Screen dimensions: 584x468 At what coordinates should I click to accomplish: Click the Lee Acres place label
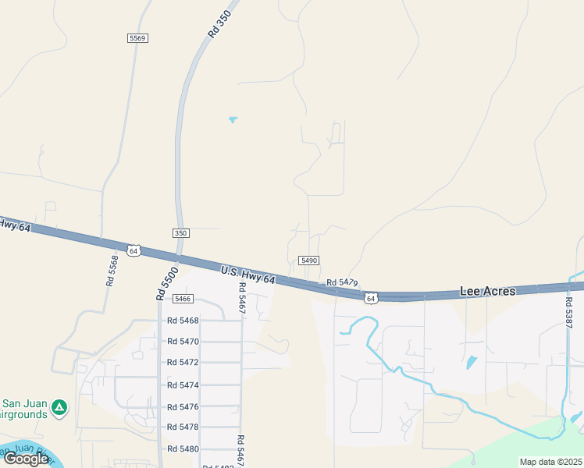click(x=487, y=291)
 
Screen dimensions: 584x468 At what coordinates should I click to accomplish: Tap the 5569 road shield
click(x=137, y=37)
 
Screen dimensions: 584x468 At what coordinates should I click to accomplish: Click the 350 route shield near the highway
click(x=180, y=233)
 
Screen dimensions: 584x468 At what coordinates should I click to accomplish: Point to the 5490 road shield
click(x=309, y=261)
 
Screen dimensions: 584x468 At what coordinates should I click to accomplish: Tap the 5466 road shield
click(x=183, y=299)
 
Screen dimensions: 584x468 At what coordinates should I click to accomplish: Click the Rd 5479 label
click(x=342, y=282)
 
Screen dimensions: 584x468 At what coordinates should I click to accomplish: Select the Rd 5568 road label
click(x=113, y=271)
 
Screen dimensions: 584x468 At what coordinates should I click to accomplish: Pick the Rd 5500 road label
click(x=166, y=284)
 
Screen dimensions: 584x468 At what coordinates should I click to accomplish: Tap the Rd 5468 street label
click(x=183, y=321)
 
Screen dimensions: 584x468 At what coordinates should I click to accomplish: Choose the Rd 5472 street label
click(x=183, y=363)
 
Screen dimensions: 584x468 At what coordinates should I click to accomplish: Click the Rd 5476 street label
click(x=183, y=406)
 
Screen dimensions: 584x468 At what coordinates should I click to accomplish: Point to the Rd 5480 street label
click(x=183, y=449)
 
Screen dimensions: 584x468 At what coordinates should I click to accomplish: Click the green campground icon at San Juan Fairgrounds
click(x=59, y=406)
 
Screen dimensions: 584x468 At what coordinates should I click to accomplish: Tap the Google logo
click(x=26, y=459)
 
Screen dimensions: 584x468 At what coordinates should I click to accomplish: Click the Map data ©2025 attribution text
click(x=550, y=462)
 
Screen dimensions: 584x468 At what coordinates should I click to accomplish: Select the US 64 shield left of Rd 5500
click(x=134, y=251)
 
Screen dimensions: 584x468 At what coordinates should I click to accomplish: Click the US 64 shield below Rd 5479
click(x=370, y=298)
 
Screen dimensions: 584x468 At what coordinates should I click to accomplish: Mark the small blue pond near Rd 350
click(x=233, y=119)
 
